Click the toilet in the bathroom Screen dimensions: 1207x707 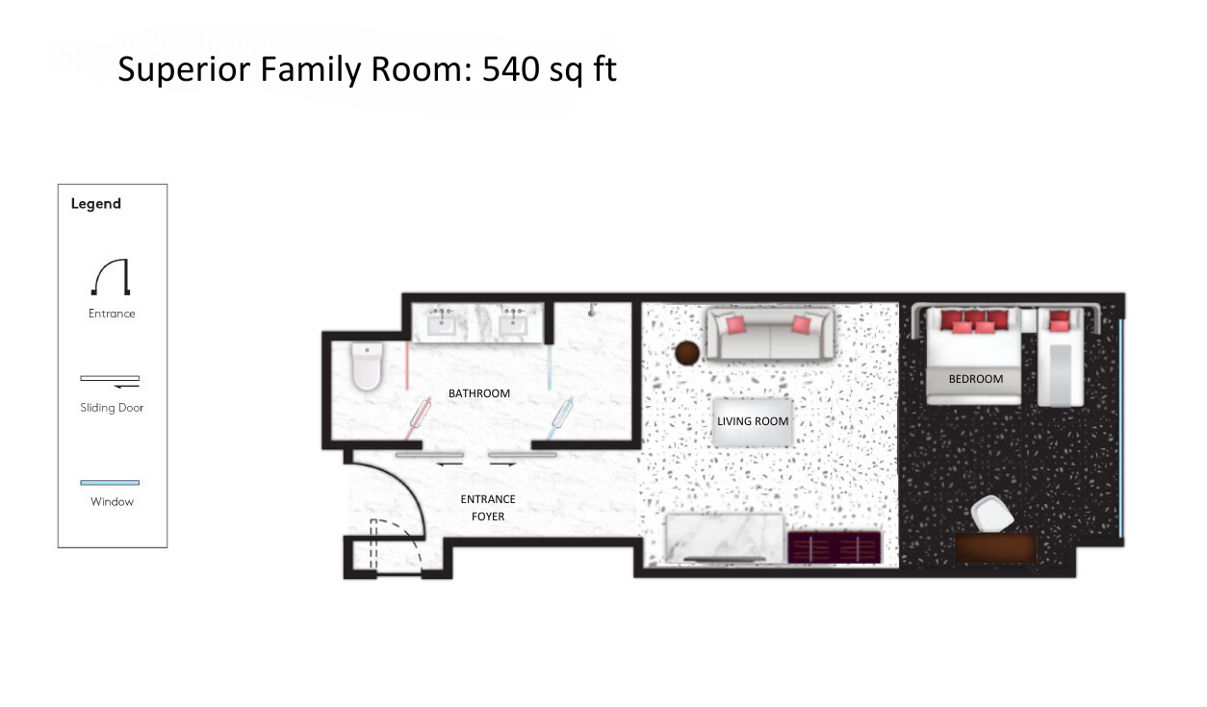coord(367,366)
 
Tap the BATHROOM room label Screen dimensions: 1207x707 coord(479,393)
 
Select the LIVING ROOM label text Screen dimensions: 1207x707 coord(753,421)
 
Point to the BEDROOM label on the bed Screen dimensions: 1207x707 coord(976,379)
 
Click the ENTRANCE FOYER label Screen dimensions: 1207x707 coord(488,508)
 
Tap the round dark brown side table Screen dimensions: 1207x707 coord(687,353)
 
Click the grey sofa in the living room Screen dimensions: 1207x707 coord(771,334)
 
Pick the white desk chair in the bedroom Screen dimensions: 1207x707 coord(992,515)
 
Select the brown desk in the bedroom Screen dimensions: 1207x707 coord(996,547)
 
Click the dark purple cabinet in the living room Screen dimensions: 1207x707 coord(835,547)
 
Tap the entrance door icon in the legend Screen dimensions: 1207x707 coord(111,277)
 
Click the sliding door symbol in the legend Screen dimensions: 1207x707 coord(110,381)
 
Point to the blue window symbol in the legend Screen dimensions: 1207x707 coord(110,483)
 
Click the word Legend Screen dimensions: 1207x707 coord(96,204)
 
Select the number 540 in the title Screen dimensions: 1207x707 coord(511,69)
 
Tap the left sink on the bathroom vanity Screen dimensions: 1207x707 coord(441,323)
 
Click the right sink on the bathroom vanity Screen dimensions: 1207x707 coord(513,323)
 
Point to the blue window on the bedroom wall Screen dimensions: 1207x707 coord(1120,428)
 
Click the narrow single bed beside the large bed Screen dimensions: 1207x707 coord(1061,357)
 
